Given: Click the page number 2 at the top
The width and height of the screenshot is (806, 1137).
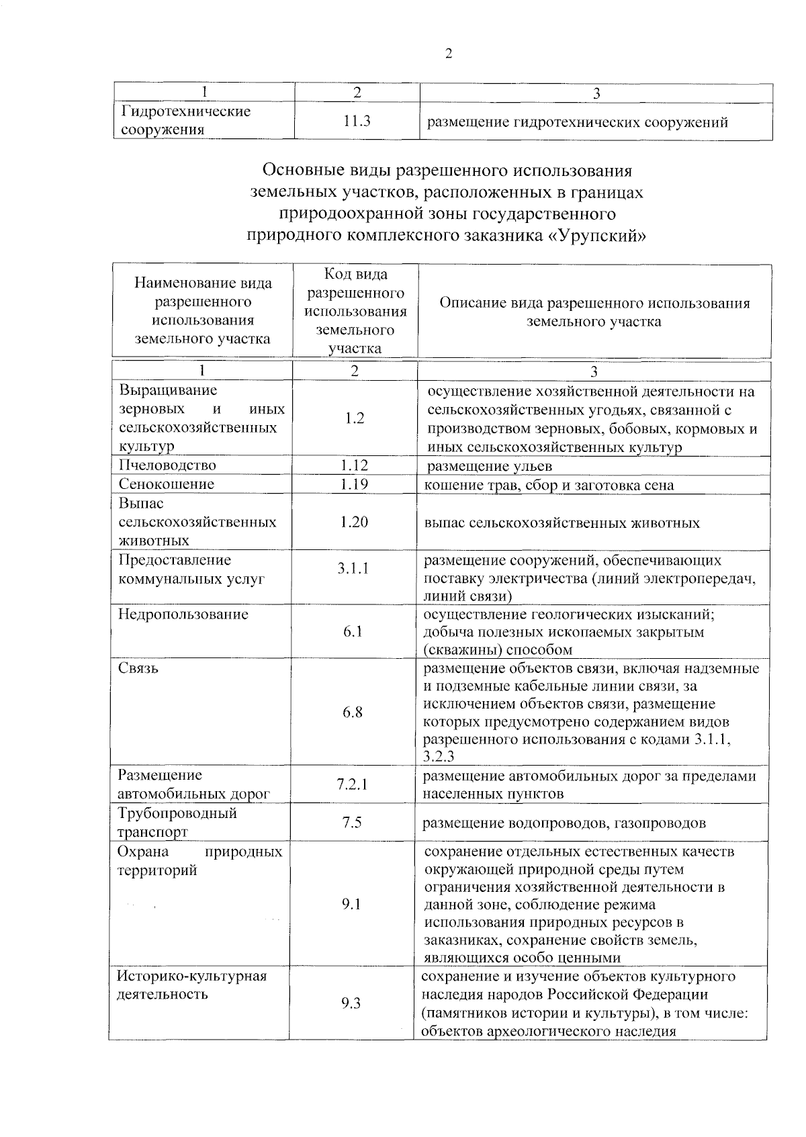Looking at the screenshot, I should pyautogui.click(x=449, y=54).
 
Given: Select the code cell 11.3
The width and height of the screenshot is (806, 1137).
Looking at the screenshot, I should pyautogui.click(x=357, y=121).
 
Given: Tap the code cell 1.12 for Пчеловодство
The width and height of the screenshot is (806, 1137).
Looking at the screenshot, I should pyautogui.click(x=354, y=465).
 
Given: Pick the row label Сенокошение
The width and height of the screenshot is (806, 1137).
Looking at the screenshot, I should pyautogui.click(x=167, y=484).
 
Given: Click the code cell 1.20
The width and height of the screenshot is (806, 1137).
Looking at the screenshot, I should pyautogui.click(x=354, y=522).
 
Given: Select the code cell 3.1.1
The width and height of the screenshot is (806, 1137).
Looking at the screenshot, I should pyautogui.click(x=353, y=569).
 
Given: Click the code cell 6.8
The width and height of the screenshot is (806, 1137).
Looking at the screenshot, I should pyautogui.click(x=353, y=712).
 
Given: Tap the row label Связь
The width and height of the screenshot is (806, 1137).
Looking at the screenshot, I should pyautogui.click(x=138, y=668).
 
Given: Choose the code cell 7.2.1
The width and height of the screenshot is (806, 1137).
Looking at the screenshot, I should pyautogui.click(x=353, y=784).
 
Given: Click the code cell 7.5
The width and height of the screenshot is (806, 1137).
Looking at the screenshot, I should pyautogui.click(x=352, y=822).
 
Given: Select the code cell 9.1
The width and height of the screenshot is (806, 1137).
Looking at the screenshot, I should pyautogui.click(x=351, y=904).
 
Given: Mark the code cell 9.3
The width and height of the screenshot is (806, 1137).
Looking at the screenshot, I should pyautogui.click(x=351, y=1003).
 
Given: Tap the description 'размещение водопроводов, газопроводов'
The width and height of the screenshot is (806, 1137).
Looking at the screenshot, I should pyautogui.click(x=564, y=823).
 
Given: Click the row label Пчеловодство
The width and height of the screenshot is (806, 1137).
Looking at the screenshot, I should pyautogui.click(x=168, y=465).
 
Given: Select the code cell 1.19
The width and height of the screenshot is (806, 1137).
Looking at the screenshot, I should pyautogui.click(x=354, y=484).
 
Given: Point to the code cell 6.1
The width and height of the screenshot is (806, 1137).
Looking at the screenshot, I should pyautogui.click(x=353, y=631).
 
